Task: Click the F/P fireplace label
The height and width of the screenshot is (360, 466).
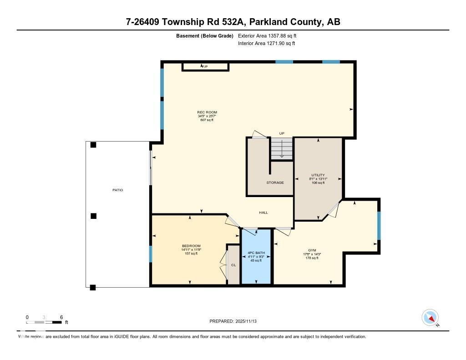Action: (205, 67)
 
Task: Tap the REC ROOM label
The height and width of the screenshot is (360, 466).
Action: (207, 112)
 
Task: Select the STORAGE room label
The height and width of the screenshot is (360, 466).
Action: (275, 183)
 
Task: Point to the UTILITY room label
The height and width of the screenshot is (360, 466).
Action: (318, 175)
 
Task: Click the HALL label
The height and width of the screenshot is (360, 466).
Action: (263, 213)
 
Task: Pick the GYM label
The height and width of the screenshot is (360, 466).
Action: (312, 250)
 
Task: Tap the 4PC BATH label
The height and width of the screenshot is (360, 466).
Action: (256, 253)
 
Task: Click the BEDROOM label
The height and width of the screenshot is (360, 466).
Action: (191, 246)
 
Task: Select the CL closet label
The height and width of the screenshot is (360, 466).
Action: (233, 264)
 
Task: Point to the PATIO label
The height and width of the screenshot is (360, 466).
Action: (117, 190)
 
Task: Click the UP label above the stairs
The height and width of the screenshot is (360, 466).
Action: (282, 133)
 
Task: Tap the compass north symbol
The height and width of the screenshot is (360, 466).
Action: (431, 318)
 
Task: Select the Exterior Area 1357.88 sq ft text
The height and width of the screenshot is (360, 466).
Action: (267, 35)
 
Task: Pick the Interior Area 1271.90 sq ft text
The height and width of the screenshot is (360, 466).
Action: (266, 43)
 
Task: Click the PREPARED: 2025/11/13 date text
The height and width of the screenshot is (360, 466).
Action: (233, 321)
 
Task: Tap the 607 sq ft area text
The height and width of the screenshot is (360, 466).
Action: (207, 120)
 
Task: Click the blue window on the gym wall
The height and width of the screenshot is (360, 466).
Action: (379, 225)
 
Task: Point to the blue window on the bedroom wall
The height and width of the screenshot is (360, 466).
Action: (151, 254)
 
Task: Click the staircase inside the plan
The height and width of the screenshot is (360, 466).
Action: (282, 149)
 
